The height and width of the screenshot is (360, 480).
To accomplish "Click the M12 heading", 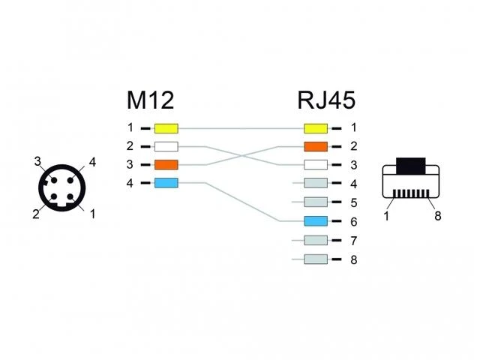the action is point(150,100).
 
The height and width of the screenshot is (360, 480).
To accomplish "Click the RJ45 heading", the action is point(326,100).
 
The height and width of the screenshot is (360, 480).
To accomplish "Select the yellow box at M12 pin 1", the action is point(166,128).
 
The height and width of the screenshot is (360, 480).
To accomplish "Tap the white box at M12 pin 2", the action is point(166,147).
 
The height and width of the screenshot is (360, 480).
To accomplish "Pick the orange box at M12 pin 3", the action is point(166,165).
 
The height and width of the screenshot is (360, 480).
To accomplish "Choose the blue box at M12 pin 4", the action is point(166,183).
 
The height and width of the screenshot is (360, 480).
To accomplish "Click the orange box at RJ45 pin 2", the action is point(316,147).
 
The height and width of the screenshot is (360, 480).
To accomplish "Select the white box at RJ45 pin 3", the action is point(316,165).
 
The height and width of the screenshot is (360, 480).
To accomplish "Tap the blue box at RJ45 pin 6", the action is point(316,221).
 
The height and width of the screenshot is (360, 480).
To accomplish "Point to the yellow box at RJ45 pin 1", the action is point(316,128).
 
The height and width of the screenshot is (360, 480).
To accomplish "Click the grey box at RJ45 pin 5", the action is point(316,202).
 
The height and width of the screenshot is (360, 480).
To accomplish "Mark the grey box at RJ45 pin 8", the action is point(316,259).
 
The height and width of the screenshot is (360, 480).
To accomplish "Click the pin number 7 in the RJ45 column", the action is point(354,241).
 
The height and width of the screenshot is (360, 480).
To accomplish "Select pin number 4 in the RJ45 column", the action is point(354,184).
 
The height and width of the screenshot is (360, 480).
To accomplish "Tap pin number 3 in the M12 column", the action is point(130,165).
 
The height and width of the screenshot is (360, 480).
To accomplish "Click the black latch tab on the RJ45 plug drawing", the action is point(411,166).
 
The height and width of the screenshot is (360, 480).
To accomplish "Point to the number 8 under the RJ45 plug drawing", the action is point(438,216).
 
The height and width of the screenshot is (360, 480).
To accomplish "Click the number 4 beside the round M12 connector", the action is point(92,162).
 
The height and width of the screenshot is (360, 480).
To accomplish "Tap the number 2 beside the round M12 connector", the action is point(36,214).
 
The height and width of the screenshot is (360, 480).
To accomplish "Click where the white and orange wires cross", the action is point(241,156).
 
